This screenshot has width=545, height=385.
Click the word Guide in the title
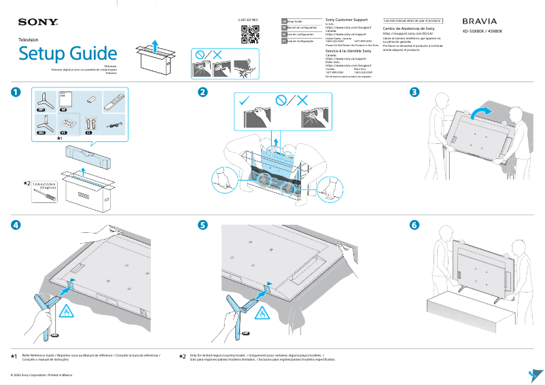coord(90,54)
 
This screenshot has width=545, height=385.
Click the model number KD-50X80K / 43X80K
coord(482,32)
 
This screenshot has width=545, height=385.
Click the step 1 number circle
coord(15,92)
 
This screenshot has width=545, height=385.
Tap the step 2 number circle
coord(203,92)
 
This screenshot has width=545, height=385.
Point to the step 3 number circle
coord(415,92)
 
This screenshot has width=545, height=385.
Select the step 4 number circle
coord(15,225)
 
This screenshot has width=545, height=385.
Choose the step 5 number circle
coord(203,225)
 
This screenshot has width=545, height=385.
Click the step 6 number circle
coord(415,225)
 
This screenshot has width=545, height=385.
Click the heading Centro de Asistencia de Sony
coord(409,29)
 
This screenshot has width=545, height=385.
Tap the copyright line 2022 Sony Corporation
coord(41,374)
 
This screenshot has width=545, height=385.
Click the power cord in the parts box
coord(115,124)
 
